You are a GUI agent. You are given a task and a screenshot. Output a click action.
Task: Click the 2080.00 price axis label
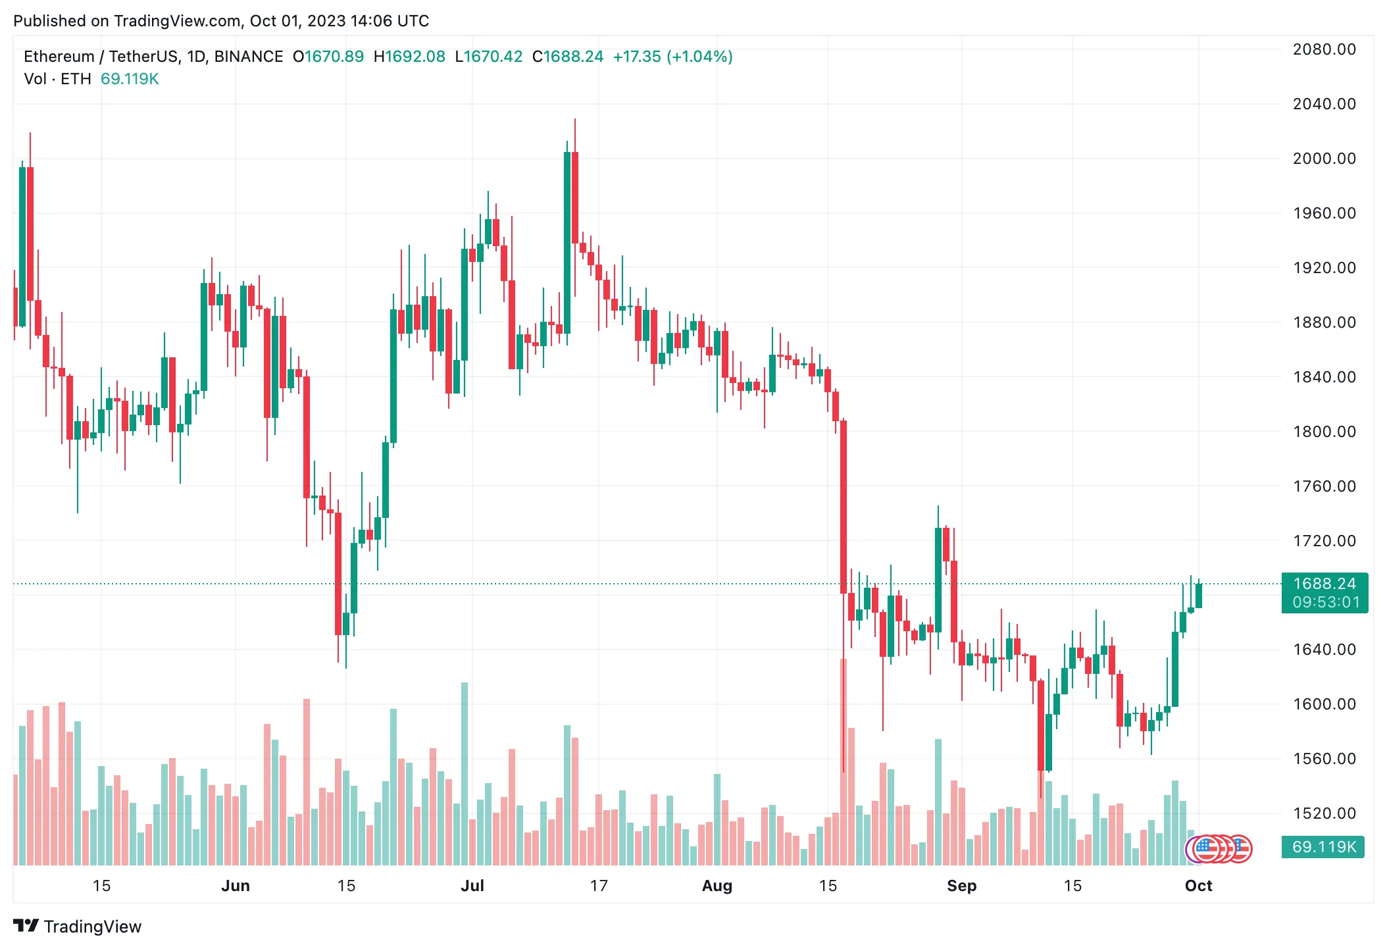[x=1324, y=49]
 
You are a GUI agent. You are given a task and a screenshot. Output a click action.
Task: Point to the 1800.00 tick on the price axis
[x=1324, y=432]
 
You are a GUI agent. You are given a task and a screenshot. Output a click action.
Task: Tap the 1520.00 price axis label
[x=1324, y=813]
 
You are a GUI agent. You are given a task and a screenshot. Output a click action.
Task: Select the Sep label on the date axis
[x=961, y=886]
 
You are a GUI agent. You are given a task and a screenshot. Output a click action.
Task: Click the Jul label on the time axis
[x=472, y=886]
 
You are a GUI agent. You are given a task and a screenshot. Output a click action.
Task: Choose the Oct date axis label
[x=1198, y=886]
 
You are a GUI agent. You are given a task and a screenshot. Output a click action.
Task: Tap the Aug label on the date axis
[x=717, y=886]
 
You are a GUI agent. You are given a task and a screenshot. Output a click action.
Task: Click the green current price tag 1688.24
[x=1324, y=584]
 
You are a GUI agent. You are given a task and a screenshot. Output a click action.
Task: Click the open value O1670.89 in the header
[x=328, y=57]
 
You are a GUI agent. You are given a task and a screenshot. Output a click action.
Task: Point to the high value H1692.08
[x=409, y=57]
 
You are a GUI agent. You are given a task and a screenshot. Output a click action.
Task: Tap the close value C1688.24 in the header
[x=567, y=57]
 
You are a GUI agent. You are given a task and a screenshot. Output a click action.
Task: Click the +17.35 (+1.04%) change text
[x=672, y=57]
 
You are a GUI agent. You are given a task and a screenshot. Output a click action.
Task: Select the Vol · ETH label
[x=57, y=79]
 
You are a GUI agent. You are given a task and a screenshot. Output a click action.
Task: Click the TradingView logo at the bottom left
[x=78, y=927]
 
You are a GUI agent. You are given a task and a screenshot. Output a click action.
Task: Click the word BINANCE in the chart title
[x=249, y=57]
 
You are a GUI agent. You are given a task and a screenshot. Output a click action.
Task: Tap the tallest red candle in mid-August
[x=844, y=507]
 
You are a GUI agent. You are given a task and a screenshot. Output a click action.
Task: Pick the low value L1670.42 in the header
[x=488, y=57]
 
